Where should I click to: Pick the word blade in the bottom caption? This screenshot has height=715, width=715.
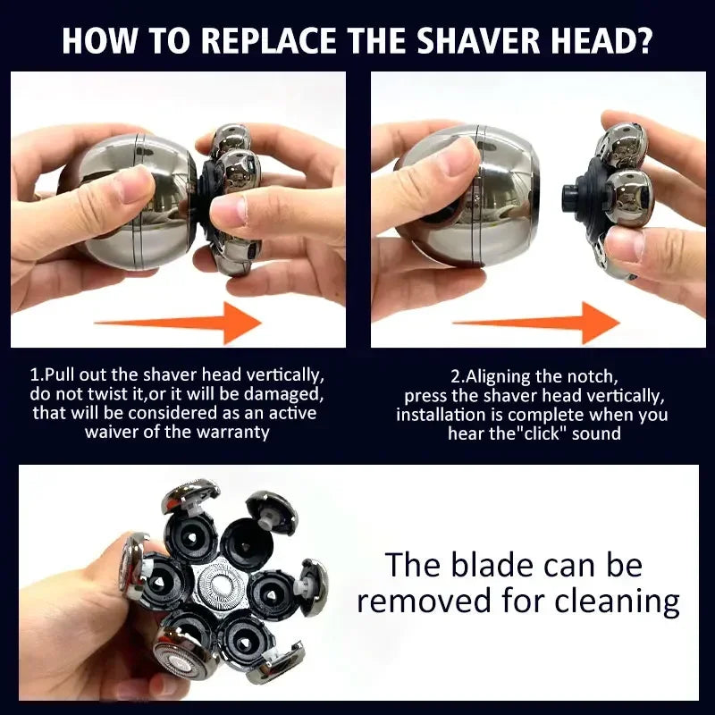pos(500,565)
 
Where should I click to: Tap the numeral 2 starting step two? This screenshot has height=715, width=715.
pos(454,376)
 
